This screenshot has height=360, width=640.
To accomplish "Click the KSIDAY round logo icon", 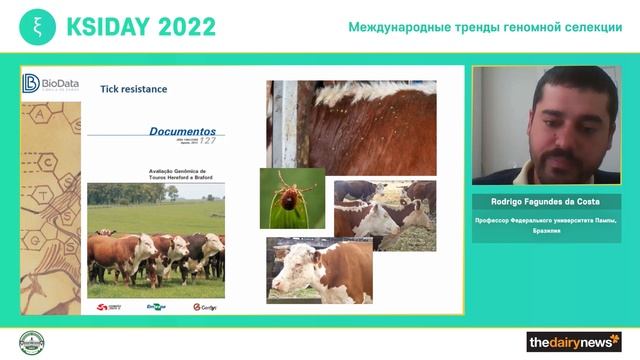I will click(37, 26).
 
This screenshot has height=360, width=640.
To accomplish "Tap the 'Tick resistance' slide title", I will click(133, 89).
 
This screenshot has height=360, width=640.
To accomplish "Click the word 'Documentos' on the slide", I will click(181, 130).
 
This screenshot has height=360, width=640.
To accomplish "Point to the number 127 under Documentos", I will click(206, 140).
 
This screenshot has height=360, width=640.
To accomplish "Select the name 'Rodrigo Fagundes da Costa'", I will click(546, 200).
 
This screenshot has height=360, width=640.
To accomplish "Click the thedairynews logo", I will click(573, 342).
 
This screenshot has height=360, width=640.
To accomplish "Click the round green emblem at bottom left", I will click(33, 341).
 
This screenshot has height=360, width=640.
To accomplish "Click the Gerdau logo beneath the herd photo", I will click(204, 307).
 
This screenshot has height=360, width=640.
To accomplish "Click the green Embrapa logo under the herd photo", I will click(156, 307).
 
